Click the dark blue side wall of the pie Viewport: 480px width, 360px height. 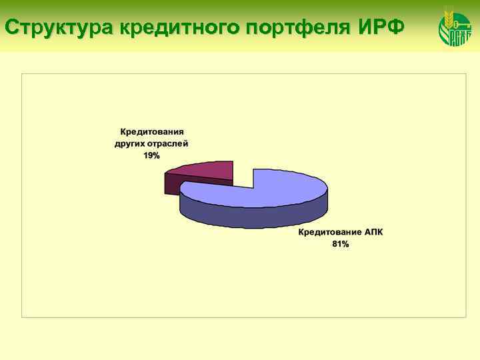(253, 217)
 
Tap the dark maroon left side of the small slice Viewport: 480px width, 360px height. (171, 184)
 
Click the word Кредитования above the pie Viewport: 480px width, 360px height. (151, 131)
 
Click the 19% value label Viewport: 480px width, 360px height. (151, 155)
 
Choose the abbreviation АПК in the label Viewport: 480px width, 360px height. (374, 233)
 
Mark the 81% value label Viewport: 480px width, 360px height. (341, 245)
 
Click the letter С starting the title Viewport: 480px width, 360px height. (11, 28)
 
